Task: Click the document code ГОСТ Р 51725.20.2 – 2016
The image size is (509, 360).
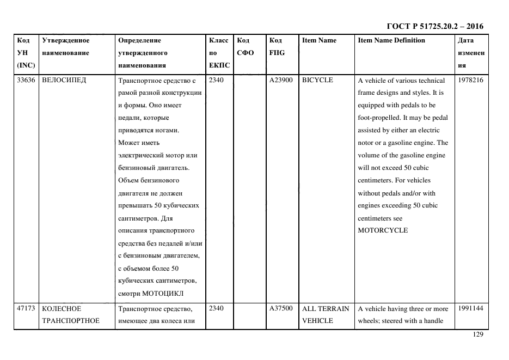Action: click(434, 26)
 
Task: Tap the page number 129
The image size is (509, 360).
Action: click(477, 335)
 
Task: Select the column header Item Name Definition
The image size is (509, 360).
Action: click(391, 40)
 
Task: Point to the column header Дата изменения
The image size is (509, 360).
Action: click(471, 53)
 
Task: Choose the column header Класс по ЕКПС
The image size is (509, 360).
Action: click(219, 53)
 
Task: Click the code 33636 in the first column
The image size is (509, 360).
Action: click(26, 80)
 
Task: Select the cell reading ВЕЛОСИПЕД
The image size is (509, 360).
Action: click(64, 80)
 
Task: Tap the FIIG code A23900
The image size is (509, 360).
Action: click(281, 80)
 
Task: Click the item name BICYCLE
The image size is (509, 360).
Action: click(317, 80)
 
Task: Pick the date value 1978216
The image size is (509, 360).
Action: click(470, 80)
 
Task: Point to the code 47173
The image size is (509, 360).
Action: click(26, 308)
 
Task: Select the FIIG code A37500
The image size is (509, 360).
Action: click(281, 308)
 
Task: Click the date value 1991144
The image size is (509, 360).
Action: click(470, 308)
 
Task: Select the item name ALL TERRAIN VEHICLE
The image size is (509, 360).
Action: click(325, 314)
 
